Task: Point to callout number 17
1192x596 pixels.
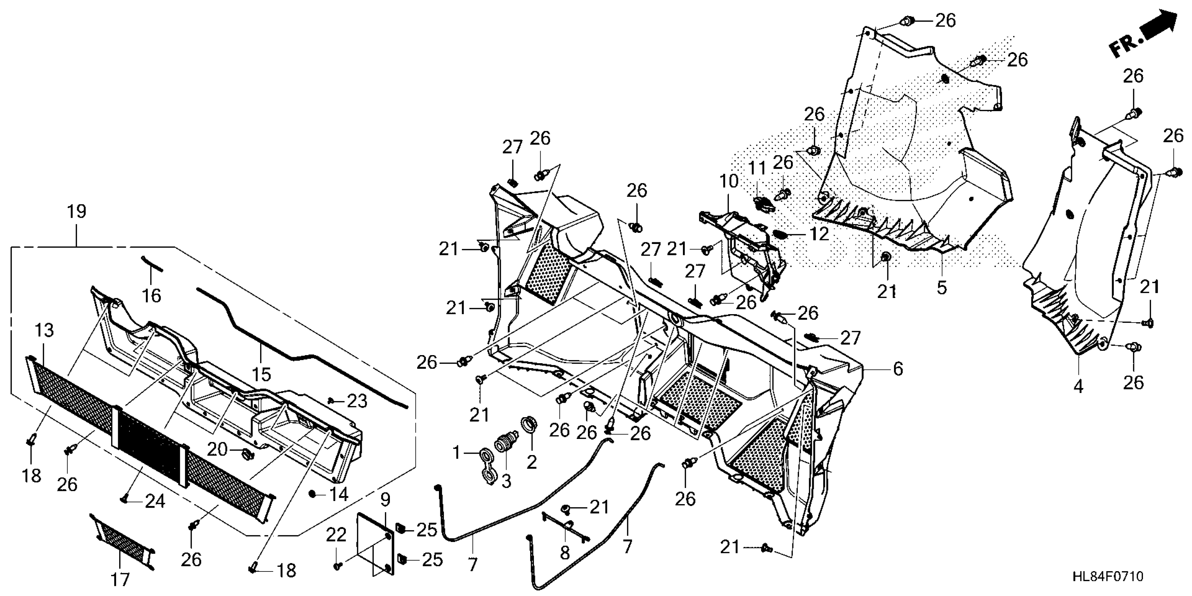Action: (x=120, y=579)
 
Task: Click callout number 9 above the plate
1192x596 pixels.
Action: (x=385, y=499)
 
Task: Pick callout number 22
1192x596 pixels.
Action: (x=336, y=535)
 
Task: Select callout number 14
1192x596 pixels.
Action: (x=339, y=494)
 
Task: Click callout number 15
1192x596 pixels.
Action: (x=262, y=374)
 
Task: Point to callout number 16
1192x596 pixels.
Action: (x=151, y=295)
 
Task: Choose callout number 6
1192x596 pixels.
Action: (x=898, y=369)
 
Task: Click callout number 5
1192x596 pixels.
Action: (x=942, y=287)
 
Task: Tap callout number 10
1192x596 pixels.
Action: (x=729, y=181)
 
